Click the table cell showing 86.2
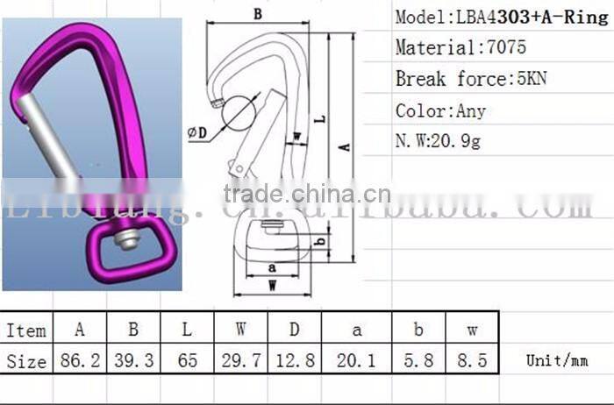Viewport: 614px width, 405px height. point(80,359)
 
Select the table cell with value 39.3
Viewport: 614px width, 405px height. point(133,359)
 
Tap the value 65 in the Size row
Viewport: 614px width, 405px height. point(187,359)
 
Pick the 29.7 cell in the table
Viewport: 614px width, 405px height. point(240,359)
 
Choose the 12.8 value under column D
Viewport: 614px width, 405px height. point(294,359)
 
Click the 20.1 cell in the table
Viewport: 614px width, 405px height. point(356,359)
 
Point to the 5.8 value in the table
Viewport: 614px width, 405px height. point(418,359)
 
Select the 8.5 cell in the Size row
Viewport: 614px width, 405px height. point(472,359)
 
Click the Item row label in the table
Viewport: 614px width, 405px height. point(26,330)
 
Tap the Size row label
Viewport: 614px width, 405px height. point(26,359)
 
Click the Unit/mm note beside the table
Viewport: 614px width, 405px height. point(555,360)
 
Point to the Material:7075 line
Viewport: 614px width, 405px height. point(460,48)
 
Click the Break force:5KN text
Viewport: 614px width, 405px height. point(471,80)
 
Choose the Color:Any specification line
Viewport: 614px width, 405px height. point(440,111)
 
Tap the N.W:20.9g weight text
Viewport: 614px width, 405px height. point(439,141)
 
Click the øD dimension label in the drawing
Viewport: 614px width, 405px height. point(197,133)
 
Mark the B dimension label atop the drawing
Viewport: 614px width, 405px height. point(257,14)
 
